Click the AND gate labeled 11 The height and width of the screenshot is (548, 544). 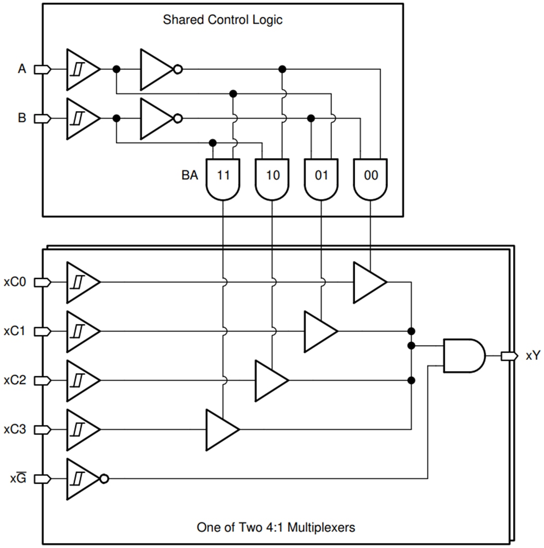pos(223,178)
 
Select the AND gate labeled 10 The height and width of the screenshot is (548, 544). pos(272,178)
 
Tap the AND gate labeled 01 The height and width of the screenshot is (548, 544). pos(321,178)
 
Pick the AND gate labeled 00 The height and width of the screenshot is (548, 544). pos(370,178)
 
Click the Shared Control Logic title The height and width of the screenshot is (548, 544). pos(222,20)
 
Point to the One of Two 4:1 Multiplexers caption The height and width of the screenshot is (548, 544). pos(276,527)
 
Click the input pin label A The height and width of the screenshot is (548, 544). pos(21,69)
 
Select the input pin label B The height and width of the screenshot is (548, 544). pos(21,119)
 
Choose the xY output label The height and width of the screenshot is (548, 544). pos(533,356)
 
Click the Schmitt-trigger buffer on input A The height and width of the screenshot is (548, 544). pos(82,70)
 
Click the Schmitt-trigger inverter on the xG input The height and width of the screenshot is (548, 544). pos(84,479)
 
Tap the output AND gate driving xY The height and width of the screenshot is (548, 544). pos(463,356)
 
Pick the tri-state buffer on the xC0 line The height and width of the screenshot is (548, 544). pos(369,282)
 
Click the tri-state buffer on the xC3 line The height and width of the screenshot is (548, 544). pos(222,429)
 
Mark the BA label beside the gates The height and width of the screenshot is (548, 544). pos(189,175)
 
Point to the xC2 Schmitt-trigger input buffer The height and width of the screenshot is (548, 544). pos(82,380)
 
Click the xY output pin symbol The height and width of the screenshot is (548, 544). pos(508,356)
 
